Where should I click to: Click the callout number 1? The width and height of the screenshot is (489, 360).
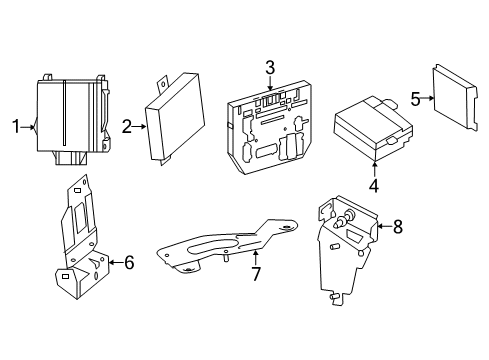(x=16, y=127)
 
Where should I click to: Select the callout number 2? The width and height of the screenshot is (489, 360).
(x=127, y=127)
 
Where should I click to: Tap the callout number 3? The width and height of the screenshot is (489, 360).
(x=270, y=68)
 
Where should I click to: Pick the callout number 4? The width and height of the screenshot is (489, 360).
(x=374, y=186)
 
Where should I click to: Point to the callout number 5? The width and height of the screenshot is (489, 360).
(x=415, y=99)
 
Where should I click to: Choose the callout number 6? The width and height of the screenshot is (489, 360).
(x=129, y=262)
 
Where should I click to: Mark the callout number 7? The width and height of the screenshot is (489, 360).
(x=256, y=274)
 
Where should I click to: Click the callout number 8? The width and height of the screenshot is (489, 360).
(x=398, y=226)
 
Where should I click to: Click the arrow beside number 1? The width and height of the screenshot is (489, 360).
(x=28, y=127)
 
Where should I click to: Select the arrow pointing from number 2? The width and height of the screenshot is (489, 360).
(x=139, y=126)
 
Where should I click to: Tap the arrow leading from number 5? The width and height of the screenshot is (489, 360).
(x=428, y=98)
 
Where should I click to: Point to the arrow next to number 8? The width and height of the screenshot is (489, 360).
(x=385, y=226)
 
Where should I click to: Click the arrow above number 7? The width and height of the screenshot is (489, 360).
(x=256, y=258)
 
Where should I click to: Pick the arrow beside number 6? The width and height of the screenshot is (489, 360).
(x=116, y=262)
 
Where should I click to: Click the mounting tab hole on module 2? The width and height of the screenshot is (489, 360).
(x=162, y=84)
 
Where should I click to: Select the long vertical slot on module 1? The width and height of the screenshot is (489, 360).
(x=64, y=113)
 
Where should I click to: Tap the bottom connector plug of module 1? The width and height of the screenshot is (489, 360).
(x=71, y=158)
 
